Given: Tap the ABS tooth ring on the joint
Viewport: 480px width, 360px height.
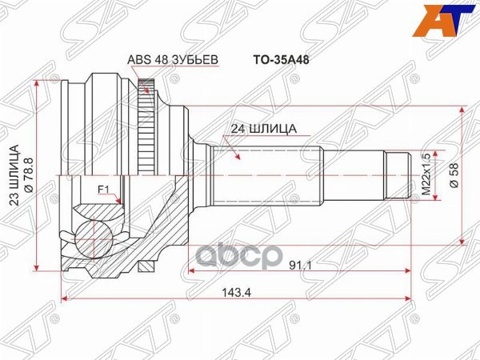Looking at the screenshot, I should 146,128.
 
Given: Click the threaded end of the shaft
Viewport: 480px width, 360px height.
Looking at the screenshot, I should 398,174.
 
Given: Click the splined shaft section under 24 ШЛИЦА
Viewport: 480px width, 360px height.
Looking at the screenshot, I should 264,174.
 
